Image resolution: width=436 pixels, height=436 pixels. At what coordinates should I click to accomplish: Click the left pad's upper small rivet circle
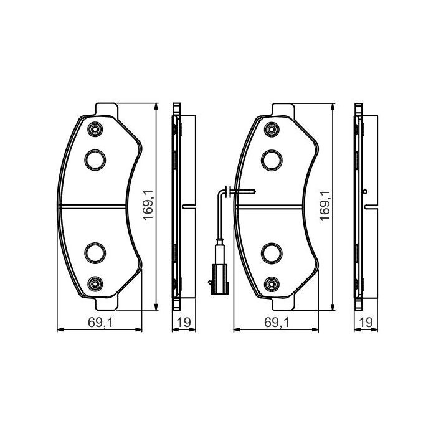click(95, 130)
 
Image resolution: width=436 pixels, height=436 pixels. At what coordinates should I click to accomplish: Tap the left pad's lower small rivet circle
click(95, 283)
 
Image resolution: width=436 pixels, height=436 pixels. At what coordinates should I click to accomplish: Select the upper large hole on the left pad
click(94, 159)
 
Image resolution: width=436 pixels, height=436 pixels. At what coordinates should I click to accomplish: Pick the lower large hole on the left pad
click(94, 252)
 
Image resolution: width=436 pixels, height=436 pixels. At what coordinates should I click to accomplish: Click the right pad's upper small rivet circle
click(271, 130)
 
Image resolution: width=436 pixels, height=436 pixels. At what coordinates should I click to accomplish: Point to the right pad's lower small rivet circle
click(271, 283)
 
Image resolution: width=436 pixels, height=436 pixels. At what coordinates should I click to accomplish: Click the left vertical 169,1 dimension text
click(148, 206)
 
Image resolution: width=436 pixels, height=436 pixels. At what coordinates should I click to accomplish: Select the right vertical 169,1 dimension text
click(324, 206)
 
